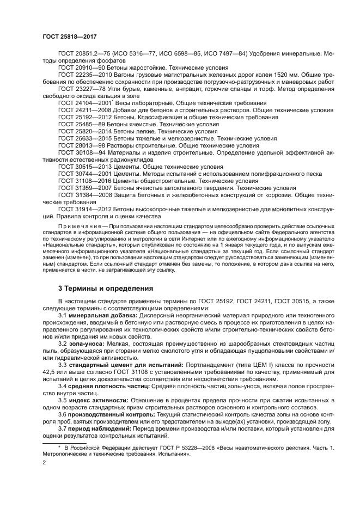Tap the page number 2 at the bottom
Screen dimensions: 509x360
(x=44, y=463)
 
